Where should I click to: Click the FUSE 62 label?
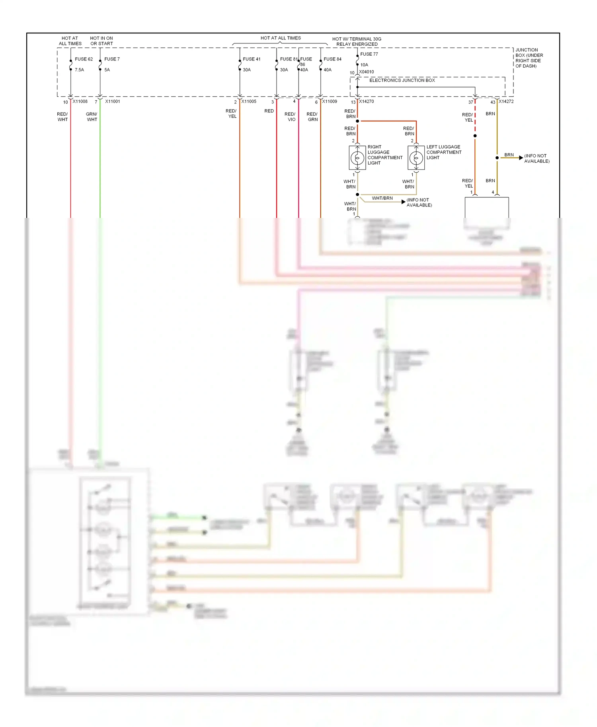[x=84, y=59]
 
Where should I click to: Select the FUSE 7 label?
[x=112, y=59]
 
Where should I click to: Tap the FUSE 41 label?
[x=252, y=59]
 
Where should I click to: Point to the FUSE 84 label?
[x=332, y=59]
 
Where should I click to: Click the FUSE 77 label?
[x=369, y=54]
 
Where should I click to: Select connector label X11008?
[x=80, y=101]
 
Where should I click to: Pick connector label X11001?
[x=113, y=101]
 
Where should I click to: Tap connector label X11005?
[x=249, y=101]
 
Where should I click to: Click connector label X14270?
[x=366, y=101]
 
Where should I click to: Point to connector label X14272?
[x=506, y=101]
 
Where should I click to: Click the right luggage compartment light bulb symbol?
[x=357, y=158]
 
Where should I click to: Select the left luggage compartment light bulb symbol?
[x=416, y=158]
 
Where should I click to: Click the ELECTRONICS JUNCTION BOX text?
[x=402, y=80]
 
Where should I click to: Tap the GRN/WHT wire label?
[x=92, y=117]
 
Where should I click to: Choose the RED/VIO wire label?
[x=290, y=117]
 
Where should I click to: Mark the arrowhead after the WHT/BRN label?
[x=403, y=202]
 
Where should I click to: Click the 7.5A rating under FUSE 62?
[x=79, y=70]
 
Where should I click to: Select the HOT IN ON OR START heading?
[x=101, y=41]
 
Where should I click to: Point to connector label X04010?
[x=366, y=72]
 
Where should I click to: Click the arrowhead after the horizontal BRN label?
[x=521, y=158]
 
